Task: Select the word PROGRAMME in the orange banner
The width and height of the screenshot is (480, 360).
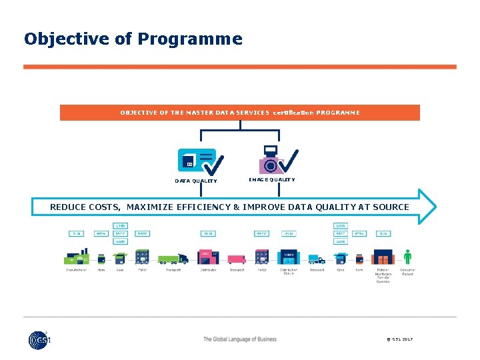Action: click(x=338, y=113)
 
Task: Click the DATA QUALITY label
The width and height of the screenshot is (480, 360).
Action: click(x=196, y=181)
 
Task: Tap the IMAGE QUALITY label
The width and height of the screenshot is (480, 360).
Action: click(x=271, y=179)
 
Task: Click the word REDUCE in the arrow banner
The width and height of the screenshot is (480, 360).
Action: click(x=67, y=207)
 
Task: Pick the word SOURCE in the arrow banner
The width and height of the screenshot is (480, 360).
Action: click(x=390, y=207)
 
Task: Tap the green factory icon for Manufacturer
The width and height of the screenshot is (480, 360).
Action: click(x=76, y=257)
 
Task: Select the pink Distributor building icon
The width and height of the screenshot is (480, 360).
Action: click(x=208, y=257)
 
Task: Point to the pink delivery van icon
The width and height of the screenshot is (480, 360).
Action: click(x=237, y=259)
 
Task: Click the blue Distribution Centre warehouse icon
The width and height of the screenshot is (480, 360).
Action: click(x=289, y=257)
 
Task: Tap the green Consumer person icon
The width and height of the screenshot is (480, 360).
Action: click(x=407, y=257)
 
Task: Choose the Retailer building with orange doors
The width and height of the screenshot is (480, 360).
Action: click(x=383, y=257)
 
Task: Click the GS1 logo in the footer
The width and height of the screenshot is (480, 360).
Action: click(x=39, y=340)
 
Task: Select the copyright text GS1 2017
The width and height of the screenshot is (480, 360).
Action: click(x=399, y=339)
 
